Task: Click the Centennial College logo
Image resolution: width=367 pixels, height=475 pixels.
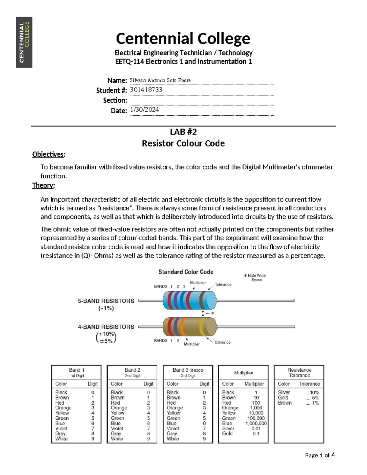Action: [x=24, y=42]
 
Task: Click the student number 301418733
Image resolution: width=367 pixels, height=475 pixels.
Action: [x=146, y=90]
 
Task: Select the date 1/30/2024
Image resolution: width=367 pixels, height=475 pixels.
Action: [x=144, y=110]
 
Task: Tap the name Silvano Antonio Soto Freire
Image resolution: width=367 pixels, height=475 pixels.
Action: [x=160, y=80]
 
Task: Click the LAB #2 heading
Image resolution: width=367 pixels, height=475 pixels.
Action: [x=183, y=132]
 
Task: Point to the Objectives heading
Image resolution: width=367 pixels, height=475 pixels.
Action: [x=48, y=154]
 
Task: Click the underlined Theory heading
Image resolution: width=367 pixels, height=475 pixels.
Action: [x=43, y=185]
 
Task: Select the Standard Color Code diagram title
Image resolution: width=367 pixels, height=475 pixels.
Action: [x=186, y=272]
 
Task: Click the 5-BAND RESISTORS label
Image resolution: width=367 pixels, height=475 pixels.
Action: [x=106, y=301]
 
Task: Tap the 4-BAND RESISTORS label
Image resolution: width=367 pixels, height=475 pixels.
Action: [x=106, y=327]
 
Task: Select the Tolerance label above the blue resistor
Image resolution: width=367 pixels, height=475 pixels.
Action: [x=223, y=284]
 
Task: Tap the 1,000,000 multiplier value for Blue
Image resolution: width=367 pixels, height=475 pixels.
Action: [x=256, y=423]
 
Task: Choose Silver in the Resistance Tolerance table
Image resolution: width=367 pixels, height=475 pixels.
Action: [x=284, y=392]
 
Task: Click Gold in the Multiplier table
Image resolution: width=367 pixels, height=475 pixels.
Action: [x=227, y=433]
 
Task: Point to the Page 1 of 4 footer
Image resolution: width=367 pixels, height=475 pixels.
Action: [x=320, y=455]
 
